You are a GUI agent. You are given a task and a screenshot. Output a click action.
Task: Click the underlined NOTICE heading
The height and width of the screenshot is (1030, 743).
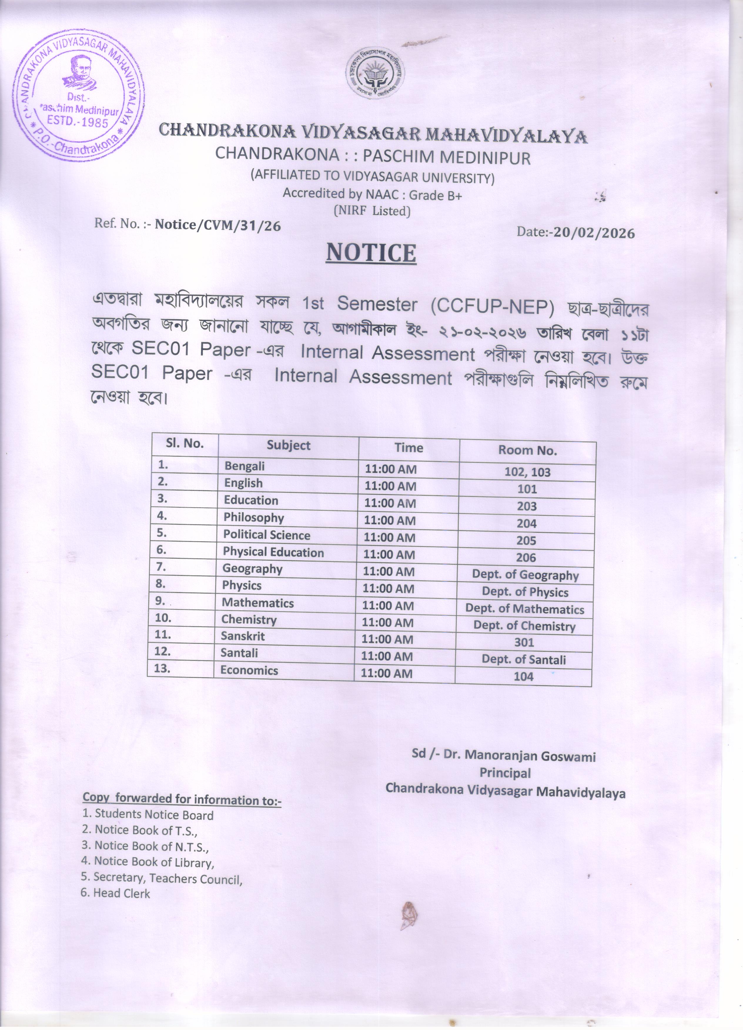click(371, 253)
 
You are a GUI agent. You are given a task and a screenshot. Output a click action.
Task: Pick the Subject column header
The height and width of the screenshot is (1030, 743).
click(289, 446)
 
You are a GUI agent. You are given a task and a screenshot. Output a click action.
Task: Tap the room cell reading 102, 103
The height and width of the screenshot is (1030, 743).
click(527, 472)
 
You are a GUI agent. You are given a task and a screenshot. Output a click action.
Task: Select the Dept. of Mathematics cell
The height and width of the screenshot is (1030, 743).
click(524, 609)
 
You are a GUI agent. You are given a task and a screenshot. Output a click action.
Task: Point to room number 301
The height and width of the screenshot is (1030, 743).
click(524, 643)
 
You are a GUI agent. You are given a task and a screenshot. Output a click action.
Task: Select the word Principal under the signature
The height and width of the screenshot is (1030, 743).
click(505, 773)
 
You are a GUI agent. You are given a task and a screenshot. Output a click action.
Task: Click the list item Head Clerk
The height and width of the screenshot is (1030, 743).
click(121, 893)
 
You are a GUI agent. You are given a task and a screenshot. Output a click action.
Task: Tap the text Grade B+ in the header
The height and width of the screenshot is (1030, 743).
click(435, 195)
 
